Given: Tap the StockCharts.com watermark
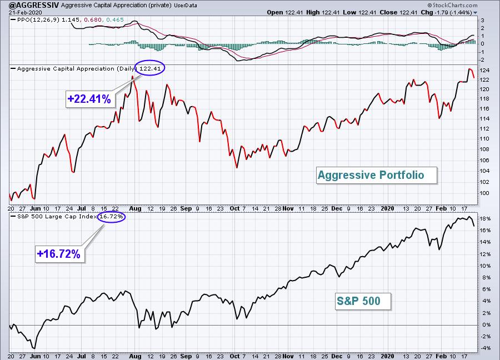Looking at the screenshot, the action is coord(452,5).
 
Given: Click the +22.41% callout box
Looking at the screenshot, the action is coord(89,99).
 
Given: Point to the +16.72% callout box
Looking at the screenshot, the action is coord(59,254).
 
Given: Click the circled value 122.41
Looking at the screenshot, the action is coord(150,68).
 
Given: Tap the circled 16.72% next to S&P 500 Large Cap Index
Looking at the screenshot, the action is coord(111,217).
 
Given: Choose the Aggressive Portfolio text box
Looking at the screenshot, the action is coord(376,175).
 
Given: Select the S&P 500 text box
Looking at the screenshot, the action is coord(363,301).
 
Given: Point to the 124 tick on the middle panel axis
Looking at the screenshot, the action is coord(484,71).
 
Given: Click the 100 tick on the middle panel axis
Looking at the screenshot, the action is coord(484,193).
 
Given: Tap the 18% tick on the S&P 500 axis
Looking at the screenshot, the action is coord(486,219).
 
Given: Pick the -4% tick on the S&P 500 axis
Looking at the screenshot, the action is coord(486,348).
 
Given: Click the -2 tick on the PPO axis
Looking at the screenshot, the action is coord(482,60).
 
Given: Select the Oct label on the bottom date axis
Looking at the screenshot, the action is coord(234,356).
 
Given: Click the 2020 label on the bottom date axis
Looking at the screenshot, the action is coord(387,356).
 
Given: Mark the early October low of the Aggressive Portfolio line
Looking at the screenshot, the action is coord(237,167).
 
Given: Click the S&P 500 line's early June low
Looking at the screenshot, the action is coord(34,348).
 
